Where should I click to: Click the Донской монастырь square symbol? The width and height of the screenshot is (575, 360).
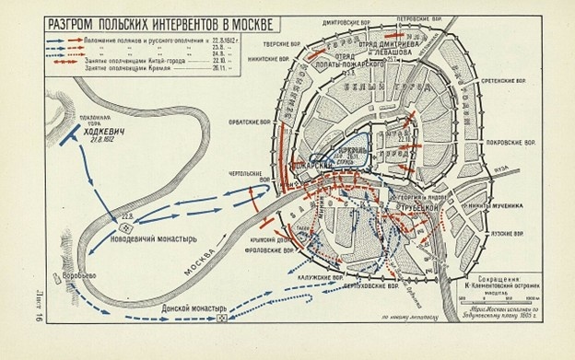point(221,318)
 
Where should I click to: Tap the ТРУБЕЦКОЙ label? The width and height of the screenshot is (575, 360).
point(417,208)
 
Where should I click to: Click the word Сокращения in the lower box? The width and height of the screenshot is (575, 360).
point(496,275)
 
